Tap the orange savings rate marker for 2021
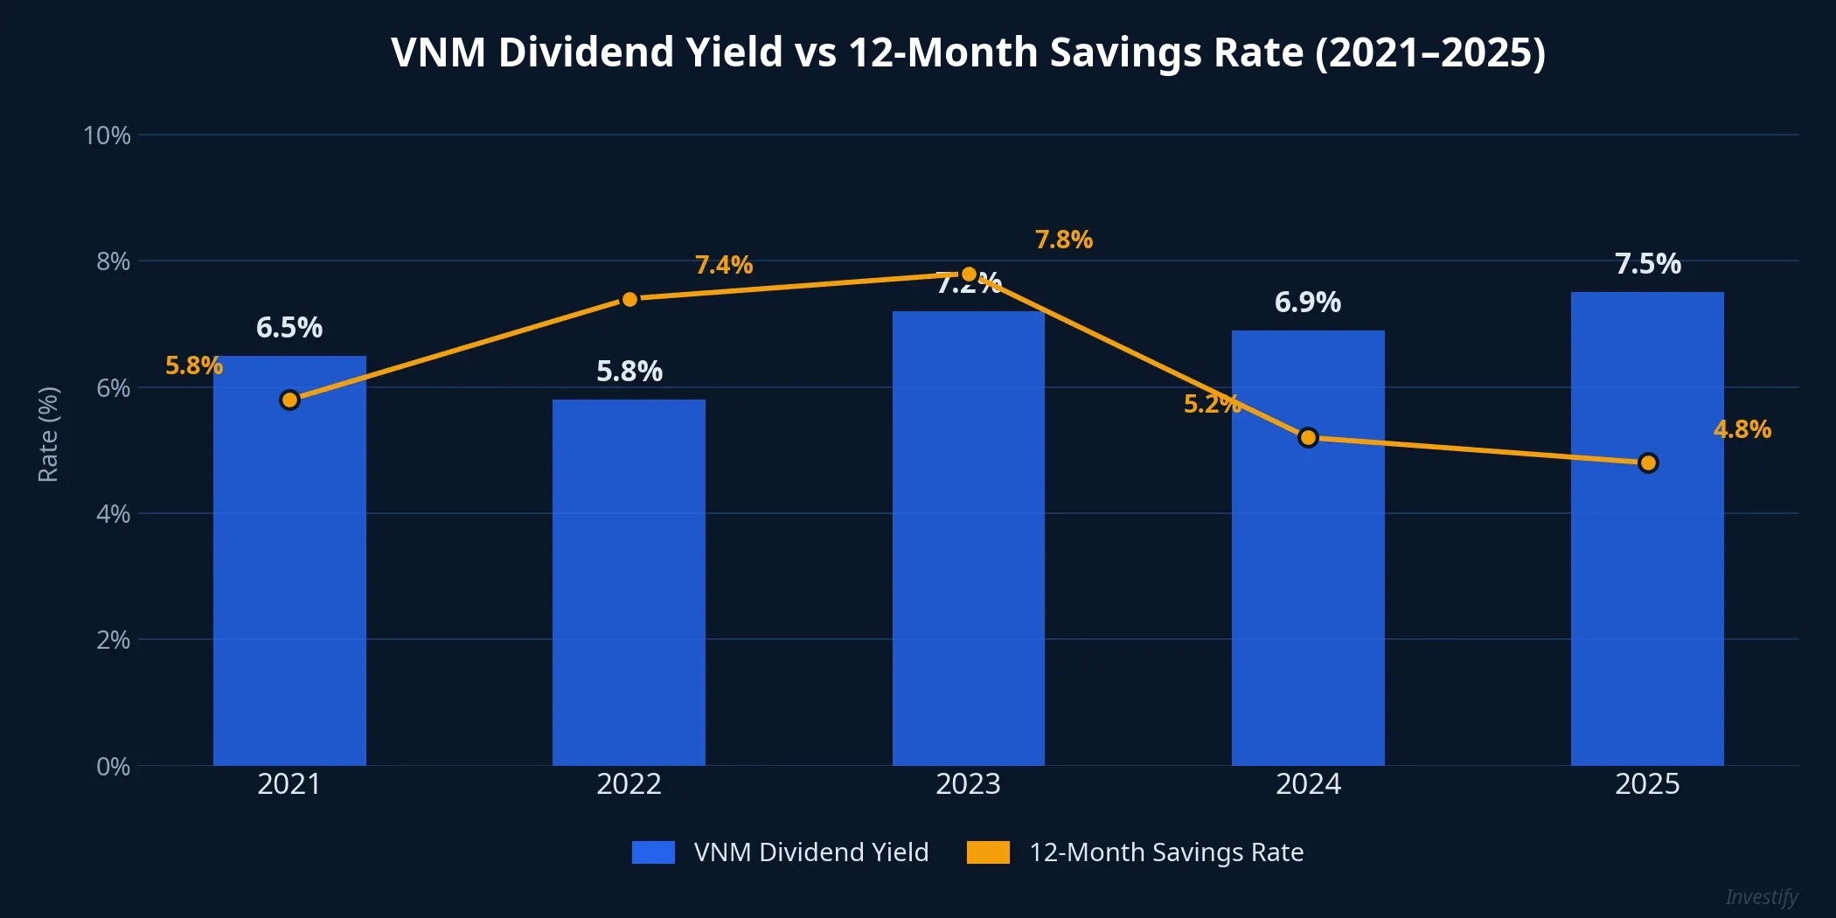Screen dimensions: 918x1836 (289, 400)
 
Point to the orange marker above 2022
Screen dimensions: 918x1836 (629, 299)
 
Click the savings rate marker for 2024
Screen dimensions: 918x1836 (1308, 437)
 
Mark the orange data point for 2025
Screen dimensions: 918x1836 (1648, 462)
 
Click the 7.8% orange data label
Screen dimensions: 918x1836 (1063, 240)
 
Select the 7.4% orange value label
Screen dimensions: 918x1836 (723, 265)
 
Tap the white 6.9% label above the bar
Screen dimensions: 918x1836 (1307, 303)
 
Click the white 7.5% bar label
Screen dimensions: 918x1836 (1647, 264)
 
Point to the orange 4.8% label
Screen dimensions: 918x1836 (1742, 429)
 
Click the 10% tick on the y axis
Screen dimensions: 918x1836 (107, 136)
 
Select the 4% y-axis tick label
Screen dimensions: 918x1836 (113, 514)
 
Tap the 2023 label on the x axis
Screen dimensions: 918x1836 (968, 784)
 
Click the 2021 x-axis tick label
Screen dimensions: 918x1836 (289, 784)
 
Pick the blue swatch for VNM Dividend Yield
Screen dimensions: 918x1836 (653, 852)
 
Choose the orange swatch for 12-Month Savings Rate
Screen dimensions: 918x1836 (988, 852)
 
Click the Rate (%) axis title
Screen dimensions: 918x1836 (48, 435)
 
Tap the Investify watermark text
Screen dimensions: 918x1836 (1761, 897)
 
